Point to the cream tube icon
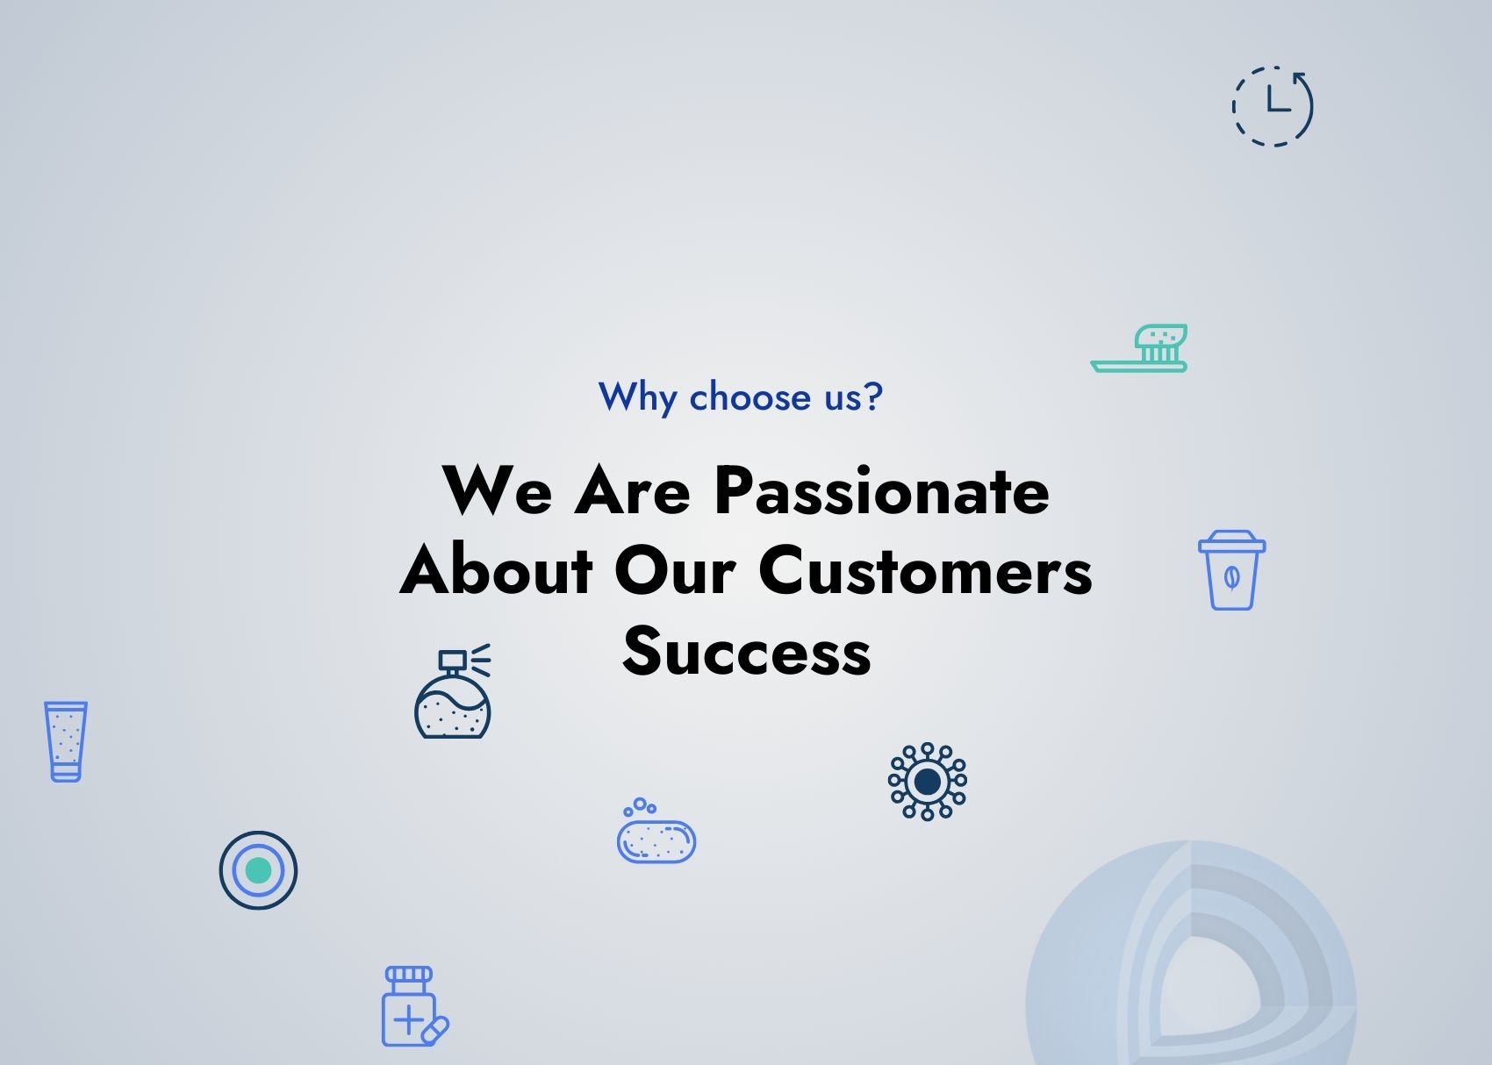point(66,740)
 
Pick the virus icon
point(927,782)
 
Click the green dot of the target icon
point(258,870)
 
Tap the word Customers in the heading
point(925,570)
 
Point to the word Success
point(747,650)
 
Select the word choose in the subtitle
point(750,397)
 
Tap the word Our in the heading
point(675,570)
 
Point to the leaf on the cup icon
point(1231,578)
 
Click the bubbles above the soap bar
point(640,807)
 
